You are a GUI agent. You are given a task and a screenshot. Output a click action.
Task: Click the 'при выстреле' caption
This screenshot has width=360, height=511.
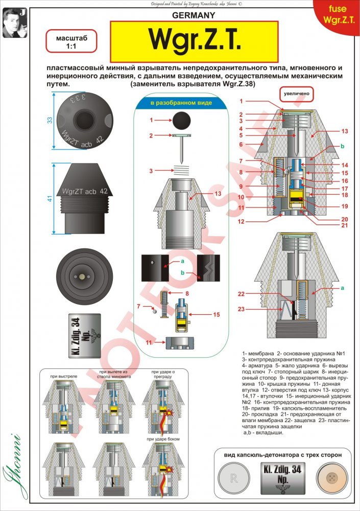64,376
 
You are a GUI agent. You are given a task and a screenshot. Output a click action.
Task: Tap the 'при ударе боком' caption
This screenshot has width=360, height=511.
162,439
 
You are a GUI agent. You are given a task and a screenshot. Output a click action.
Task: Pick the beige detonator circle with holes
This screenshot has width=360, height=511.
332,480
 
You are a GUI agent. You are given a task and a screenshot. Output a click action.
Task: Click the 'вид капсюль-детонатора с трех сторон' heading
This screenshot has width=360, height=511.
283,454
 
